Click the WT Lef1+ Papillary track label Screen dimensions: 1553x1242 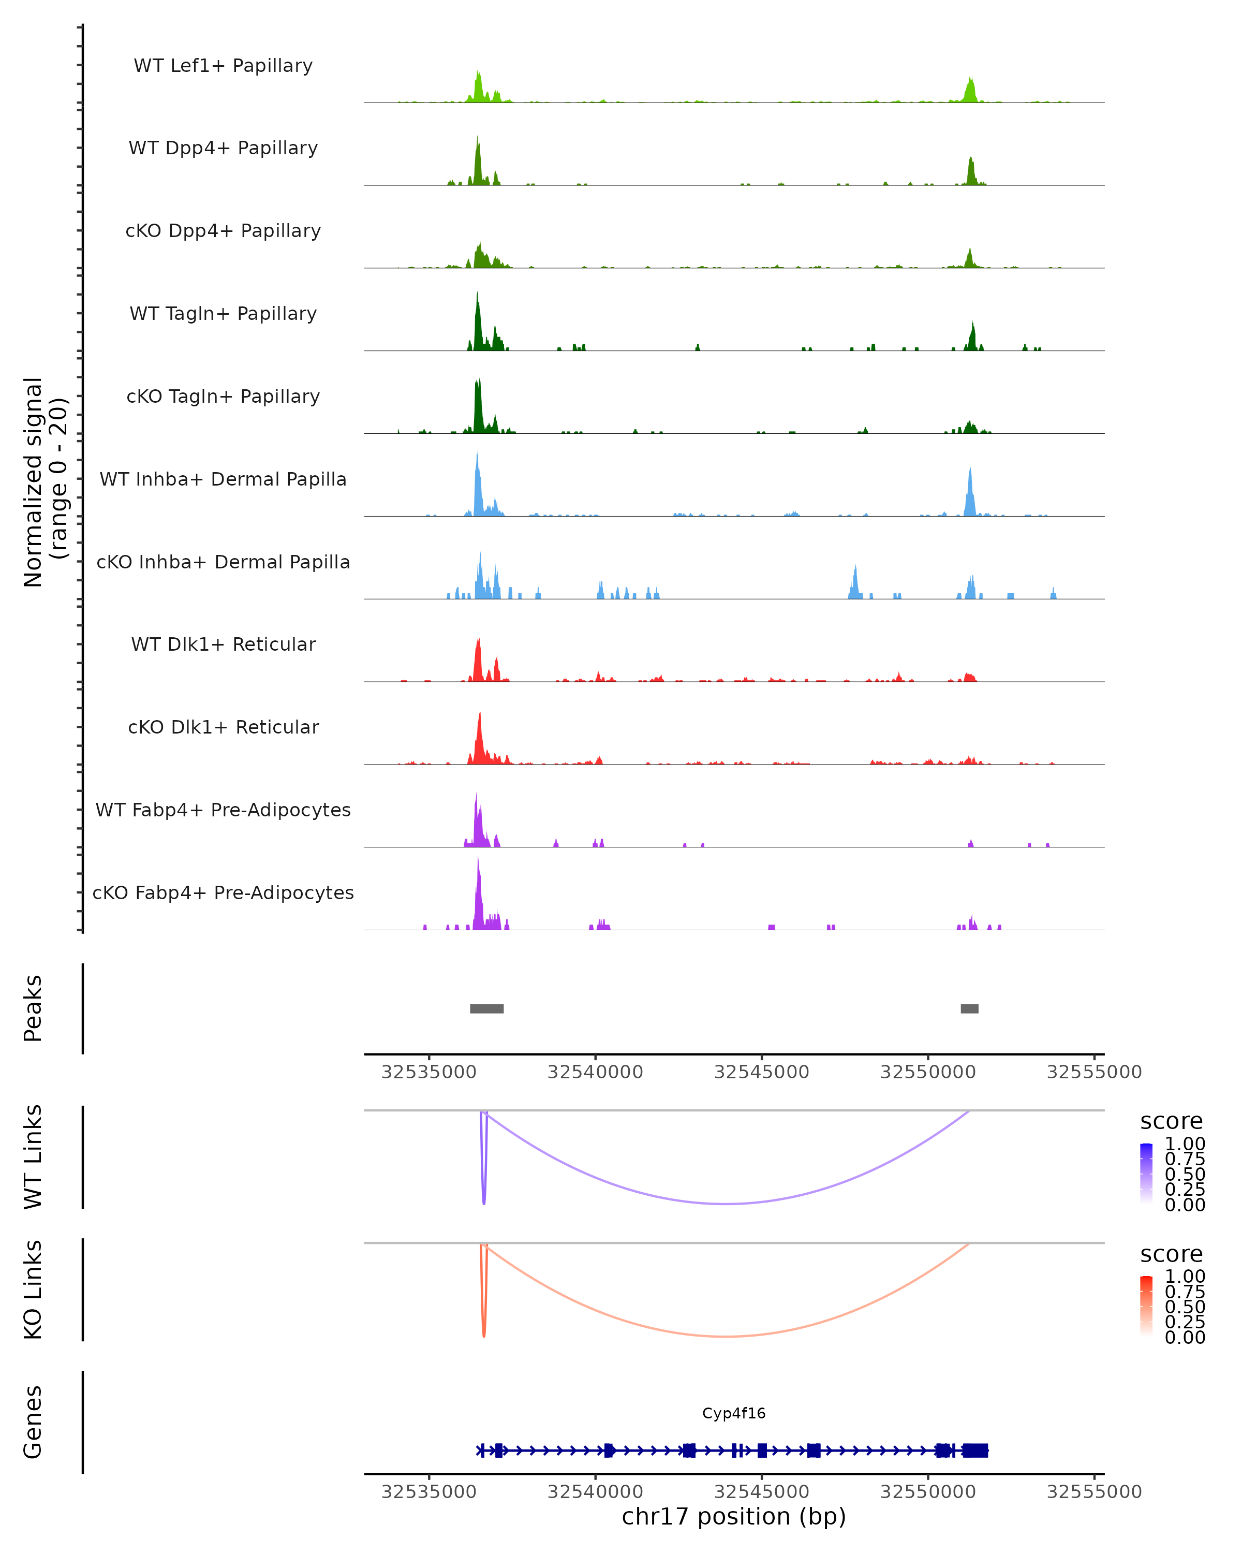click(x=223, y=66)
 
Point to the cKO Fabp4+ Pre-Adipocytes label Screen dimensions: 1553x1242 click(x=223, y=892)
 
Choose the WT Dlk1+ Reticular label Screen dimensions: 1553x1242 click(x=223, y=644)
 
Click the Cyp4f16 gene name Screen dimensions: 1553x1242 click(x=734, y=1413)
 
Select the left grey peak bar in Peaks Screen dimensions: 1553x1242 click(x=487, y=1008)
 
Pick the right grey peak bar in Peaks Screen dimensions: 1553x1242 click(x=969, y=1008)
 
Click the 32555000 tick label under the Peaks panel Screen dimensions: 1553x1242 click(x=1093, y=1072)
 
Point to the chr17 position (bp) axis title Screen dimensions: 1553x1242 click(x=734, y=1516)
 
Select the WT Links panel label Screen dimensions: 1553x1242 click(x=33, y=1157)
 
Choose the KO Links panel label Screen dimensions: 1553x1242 click(x=33, y=1290)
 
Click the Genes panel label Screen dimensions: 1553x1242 click(x=33, y=1422)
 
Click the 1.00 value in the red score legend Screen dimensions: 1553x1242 click(x=1185, y=1276)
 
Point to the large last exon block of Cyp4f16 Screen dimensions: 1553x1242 click(x=975, y=1451)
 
